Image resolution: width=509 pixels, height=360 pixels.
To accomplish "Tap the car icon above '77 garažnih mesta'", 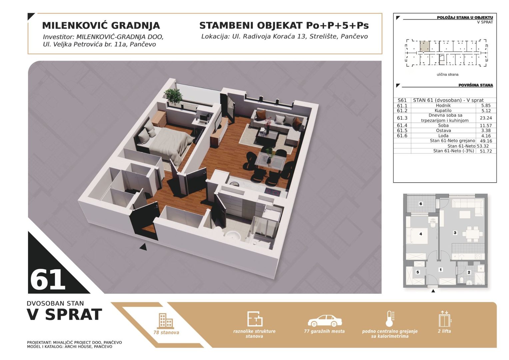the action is coord(325,321).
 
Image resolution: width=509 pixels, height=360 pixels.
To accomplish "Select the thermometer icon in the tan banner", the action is coord(390,319).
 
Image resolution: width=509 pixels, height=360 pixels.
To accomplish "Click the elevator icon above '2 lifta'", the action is coord(445,319).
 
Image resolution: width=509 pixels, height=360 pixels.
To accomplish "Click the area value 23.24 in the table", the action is coord(486,118).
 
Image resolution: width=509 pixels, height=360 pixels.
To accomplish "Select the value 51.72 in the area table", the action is coord(486,151).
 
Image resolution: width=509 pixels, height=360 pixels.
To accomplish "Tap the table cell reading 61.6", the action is coord(402,136).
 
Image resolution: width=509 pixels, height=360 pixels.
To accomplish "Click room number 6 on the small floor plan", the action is coord(421,204).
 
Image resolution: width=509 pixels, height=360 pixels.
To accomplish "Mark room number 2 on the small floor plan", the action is coord(469,272).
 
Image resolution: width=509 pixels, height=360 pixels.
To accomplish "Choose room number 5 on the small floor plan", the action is coord(417,272).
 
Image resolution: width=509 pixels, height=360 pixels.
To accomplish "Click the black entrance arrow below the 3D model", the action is coord(143,247).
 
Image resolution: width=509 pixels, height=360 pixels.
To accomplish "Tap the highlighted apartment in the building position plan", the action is coord(425,46).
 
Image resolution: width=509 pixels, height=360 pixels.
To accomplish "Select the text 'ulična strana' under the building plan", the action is coord(447,74).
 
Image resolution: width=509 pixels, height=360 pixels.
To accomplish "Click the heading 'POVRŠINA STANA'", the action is coord(476,85).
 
